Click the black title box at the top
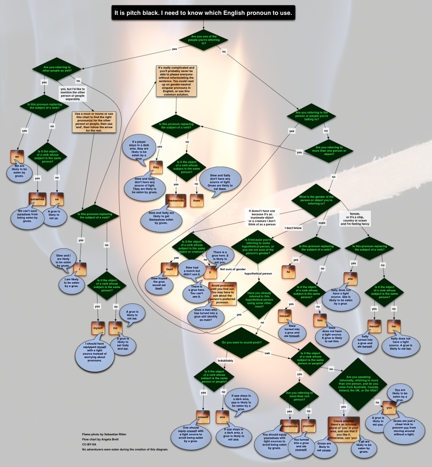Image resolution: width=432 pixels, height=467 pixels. pos(203,12)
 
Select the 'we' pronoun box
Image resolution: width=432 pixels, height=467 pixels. pos(17,156)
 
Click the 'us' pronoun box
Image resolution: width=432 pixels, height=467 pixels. pos(57,198)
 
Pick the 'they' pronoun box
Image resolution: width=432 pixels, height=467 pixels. pos(155,167)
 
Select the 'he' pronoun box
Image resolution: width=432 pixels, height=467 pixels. pos(288,271)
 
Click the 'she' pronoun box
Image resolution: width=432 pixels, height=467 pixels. pos(350,278)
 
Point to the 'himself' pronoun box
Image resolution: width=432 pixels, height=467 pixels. pos(285,316)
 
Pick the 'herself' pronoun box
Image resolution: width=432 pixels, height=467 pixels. pos(374,326)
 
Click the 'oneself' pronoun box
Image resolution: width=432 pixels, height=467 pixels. pos(203,417)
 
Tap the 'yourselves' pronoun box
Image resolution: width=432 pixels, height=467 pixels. pos(289,425)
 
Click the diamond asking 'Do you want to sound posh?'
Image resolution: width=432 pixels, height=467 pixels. pos(238,342)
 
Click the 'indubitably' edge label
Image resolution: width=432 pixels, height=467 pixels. pos(225,360)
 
